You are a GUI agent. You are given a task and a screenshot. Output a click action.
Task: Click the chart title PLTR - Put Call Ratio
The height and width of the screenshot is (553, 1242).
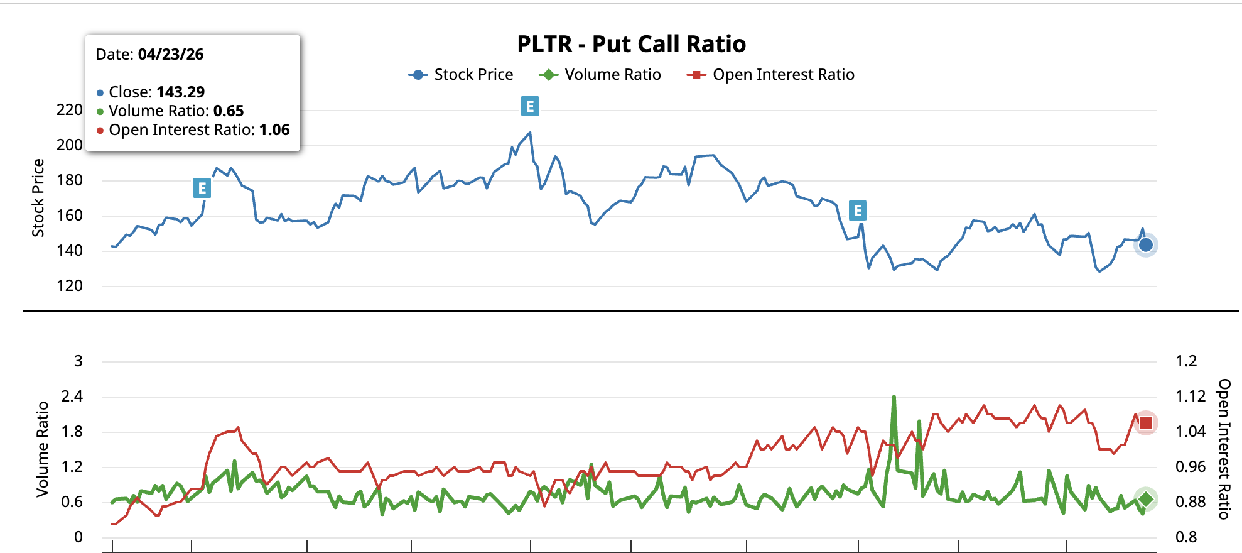631,44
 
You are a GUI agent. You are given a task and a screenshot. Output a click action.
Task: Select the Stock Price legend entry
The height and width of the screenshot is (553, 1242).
461,75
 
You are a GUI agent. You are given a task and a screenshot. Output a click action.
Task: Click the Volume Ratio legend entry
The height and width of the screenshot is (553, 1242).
600,75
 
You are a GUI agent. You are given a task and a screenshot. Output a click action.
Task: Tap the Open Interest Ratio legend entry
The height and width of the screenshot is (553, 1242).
771,75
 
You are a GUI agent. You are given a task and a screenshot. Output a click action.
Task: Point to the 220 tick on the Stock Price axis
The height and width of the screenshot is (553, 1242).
69,110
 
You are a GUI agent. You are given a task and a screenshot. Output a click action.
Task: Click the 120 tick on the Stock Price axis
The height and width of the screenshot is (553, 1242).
69,286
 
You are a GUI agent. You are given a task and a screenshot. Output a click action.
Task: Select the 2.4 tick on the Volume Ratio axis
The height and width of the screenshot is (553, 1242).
72,397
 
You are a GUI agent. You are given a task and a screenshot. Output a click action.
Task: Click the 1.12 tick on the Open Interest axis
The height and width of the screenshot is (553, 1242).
1191,397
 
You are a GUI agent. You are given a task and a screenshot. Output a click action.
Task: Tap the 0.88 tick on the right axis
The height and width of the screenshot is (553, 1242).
1191,502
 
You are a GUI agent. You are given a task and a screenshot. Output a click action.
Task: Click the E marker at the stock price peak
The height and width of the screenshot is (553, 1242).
530,106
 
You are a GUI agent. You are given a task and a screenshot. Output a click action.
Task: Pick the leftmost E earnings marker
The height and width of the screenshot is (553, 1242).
202,188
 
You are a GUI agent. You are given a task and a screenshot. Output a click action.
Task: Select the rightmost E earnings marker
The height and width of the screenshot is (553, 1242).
858,211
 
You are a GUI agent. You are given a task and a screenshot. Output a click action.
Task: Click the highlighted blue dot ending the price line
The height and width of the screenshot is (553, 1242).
1146,245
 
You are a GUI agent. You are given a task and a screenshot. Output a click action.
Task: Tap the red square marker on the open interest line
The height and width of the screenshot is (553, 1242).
1146,423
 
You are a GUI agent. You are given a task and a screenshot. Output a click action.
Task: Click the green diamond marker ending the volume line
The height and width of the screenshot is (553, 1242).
1146,500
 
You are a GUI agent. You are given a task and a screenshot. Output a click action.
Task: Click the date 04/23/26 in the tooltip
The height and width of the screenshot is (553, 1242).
171,55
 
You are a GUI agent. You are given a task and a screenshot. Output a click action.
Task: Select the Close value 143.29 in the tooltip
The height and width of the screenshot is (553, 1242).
180,92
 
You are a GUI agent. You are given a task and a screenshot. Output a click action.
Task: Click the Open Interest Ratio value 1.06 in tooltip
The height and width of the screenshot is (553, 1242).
274,130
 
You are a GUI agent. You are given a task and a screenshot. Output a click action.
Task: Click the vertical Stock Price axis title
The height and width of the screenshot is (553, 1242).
38,197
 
